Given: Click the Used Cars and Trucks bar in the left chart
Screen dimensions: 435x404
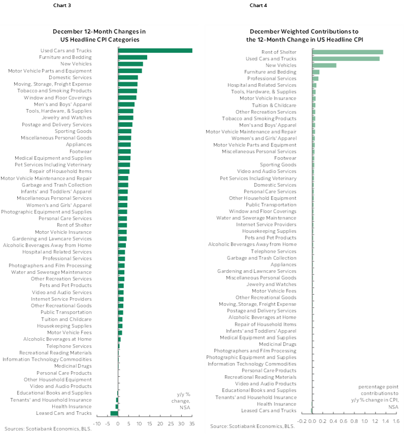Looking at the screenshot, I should point(155,51).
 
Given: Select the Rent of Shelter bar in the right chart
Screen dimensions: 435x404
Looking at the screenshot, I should point(348,52).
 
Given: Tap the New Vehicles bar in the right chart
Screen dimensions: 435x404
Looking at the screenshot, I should point(324,65).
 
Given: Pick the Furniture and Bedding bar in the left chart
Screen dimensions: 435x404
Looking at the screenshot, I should point(132,57).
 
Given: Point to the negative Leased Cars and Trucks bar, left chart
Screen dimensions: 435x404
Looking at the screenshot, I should point(114,413).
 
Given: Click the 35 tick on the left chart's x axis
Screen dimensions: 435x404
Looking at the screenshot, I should point(192,424).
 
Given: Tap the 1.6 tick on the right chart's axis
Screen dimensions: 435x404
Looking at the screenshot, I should point(396,421).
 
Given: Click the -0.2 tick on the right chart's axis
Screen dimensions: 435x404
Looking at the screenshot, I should point(302,421).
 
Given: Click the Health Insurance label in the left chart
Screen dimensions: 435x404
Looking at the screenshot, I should point(72,406).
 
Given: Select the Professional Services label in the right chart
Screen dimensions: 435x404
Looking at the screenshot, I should point(272,79).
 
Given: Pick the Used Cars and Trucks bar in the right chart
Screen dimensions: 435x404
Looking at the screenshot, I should point(346,58).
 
